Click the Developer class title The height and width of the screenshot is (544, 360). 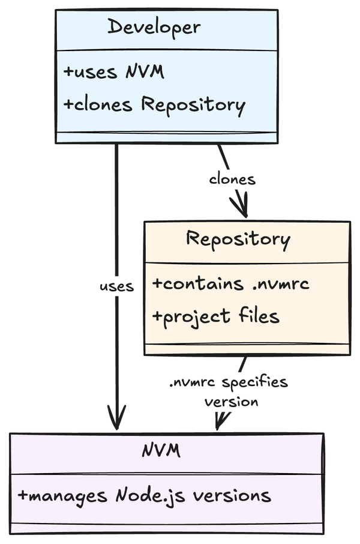pos(154,27)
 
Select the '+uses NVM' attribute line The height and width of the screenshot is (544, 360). pos(114,72)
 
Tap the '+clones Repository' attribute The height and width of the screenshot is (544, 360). pos(154,105)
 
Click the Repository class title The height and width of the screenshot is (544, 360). pos(238,240)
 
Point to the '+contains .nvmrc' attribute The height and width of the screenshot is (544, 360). pos(230,283)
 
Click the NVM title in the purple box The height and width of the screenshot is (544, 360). pos(161,450)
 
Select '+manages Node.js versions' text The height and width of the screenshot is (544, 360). pos(144,496)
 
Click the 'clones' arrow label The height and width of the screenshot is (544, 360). pos(232,180)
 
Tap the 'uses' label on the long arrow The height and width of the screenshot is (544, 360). pos(116,286)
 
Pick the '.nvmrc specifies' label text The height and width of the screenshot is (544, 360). pos(229,382)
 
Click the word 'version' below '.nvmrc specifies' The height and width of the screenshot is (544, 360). pos(232,402)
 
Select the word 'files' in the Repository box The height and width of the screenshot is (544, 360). pos(259,316)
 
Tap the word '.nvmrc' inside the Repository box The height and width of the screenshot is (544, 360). pos(280,284)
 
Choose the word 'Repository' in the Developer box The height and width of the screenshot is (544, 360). pos(193,106)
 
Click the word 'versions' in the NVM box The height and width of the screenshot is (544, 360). pos(232,496)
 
